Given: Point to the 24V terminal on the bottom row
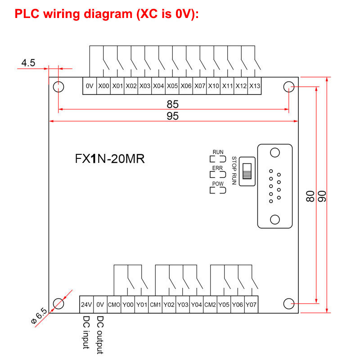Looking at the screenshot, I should pyautogui.click(x=86, y=304).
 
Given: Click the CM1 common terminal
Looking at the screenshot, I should pyautogui.click(x=155, y=304).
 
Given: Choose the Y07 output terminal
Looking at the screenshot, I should pyautogui.click(x=251, y=304).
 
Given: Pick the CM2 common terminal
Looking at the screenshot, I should pyautogui.click(x=210, y=304).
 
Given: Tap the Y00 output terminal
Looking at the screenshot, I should pyautogui.click(x=128, y=304).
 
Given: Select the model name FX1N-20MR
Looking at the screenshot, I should pyautogui.click(x=109, y=159).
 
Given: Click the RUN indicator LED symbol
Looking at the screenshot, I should pyautogui.click(x=218, y=159).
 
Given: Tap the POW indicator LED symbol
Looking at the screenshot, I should pyautogui.click(x=218, y=190).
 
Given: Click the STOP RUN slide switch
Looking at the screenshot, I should pyautogui.click(x=246, y=171).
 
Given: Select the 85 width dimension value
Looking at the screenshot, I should pyautogui.click(x=172, y=104).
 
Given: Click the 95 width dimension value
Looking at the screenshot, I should pyautogui.click(x=172, y=116).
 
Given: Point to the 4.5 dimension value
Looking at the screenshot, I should pyautogui.click(x=28, y=63).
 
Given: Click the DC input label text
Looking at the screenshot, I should pyautogui.click(x=86, y=332).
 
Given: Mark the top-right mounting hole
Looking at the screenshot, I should pyautogui.click(x=288, y=86).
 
